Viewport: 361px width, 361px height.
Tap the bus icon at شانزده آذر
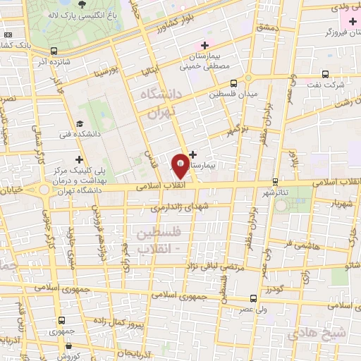tap(54, 49)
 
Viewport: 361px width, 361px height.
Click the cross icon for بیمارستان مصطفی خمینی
tap(205, 44)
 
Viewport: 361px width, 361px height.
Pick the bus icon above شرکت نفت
tap(326, 73)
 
